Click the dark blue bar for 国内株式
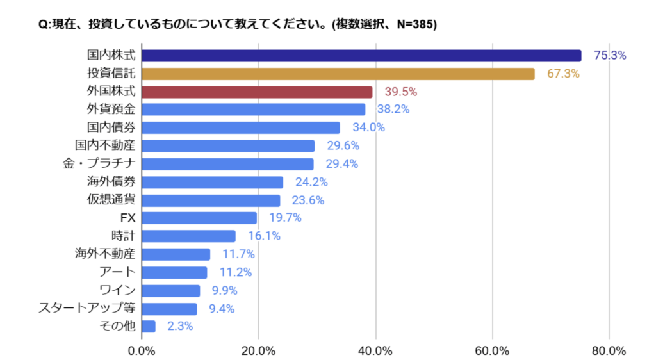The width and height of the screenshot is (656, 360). [361, 56]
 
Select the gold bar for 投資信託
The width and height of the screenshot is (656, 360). [338, 74]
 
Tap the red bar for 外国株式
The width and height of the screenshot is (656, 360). [257, 92]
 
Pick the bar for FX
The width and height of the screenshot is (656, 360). [199, 218]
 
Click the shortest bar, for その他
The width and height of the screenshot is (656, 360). [149, 326]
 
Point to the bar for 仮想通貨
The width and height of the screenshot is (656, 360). [211, 200]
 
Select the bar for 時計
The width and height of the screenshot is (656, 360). [188, 236]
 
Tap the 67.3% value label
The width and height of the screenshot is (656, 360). [563, 74]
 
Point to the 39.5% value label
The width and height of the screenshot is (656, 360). [401, 92]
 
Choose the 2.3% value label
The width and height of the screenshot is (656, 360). [180, 326]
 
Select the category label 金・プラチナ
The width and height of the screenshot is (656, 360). [99, 164]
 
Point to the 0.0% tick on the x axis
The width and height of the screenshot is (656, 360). [142, 350]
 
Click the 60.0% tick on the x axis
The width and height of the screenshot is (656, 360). [493, 350]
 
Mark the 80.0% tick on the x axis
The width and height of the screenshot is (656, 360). [609, 350]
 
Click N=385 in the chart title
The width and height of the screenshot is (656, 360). [409, 25]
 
